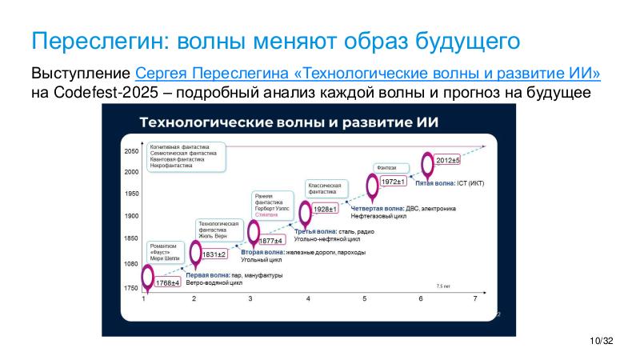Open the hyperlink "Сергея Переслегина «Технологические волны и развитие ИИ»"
click(369, 74)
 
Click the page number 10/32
click(600, 342)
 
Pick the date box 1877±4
click(271, 241)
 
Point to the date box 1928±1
click(325, 210)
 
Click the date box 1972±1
click(393, 182)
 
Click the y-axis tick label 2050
click(131, 151)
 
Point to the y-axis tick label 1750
click(131, 287)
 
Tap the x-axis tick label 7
click(475, 298)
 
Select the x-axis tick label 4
click(308, 298)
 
